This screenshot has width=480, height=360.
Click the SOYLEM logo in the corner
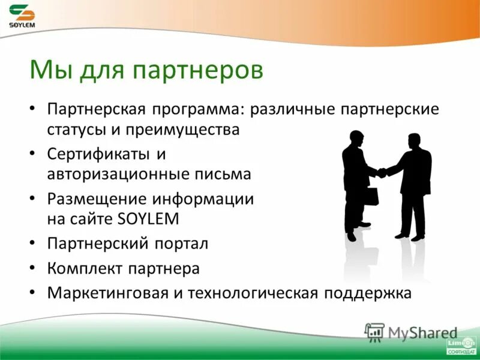pyautogui.click(x=22, y=16)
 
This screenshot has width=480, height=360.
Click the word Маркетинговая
pyautogui.click(x=109, y=293)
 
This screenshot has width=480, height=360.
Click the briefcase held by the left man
pyautogui.click(x=372, y=196)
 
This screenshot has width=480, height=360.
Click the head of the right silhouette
pyautogui.click(x=413, y=142)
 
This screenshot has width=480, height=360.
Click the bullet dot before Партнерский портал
pyautogui.click(x=34, y=244)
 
